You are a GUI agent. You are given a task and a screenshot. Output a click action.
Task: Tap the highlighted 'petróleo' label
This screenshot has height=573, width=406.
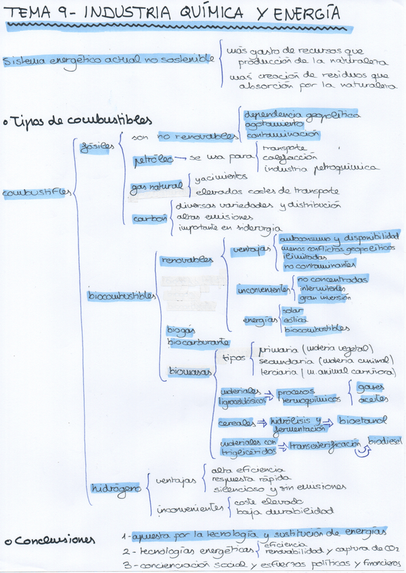[149, 160]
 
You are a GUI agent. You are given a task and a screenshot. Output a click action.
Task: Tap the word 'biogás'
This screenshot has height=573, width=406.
[181, 329]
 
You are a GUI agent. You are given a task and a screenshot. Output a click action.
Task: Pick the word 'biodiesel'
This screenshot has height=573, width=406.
[385, 440]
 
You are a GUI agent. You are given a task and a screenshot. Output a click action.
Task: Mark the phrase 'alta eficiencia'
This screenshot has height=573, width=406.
[238, 469]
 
